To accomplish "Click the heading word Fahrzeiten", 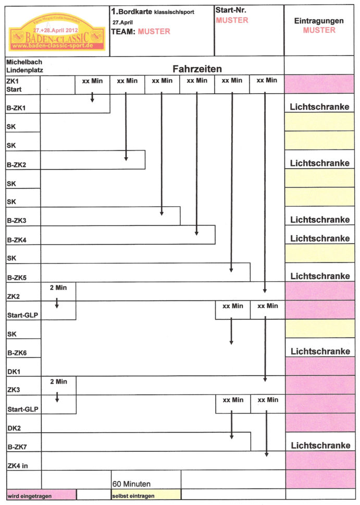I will (x=197, y=69).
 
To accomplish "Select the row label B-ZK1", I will (x=16, y=108).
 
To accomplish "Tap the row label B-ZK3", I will (x=16, y=221).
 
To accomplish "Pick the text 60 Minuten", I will (x=131, y=484).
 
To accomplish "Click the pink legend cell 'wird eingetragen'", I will (x=41, y=494).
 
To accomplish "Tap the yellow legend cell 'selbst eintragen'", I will (x=146, y=494).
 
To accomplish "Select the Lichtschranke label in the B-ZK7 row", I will (x=320, y=446).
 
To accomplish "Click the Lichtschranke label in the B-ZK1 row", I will (x=319, y=107).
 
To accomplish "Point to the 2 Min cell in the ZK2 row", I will (x=58, y=288).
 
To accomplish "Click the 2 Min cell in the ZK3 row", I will (x=58, y=382).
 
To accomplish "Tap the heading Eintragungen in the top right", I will (x=319, y=21).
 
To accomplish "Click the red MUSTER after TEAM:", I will (x=154, y=31).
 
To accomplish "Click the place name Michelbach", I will (x=24, y=61).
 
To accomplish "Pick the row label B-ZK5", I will (x=16, y=277).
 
